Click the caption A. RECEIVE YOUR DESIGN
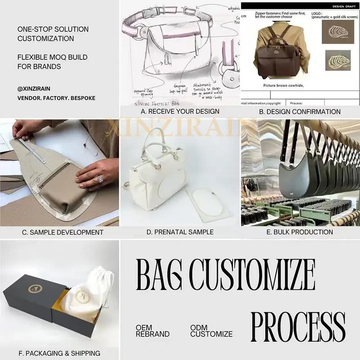[180, 111]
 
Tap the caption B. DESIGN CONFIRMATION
[300, 111]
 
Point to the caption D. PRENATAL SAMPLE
[180, 232]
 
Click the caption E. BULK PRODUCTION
[300, 232]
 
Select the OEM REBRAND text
[153, 331]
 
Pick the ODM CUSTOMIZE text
[211, 331]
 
